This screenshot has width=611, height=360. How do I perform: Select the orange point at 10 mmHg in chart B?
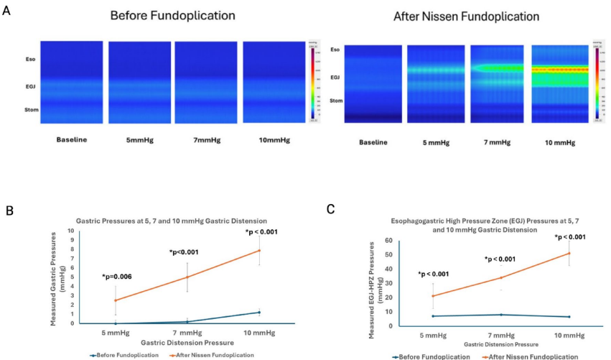[259, 250]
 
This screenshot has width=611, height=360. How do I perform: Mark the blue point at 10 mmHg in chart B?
[259, 312]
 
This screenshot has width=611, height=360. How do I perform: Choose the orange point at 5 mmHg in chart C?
[432, 296]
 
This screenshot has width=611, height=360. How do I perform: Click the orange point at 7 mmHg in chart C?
[500, 277]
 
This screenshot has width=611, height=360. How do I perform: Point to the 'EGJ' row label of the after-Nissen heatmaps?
[335, 75]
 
